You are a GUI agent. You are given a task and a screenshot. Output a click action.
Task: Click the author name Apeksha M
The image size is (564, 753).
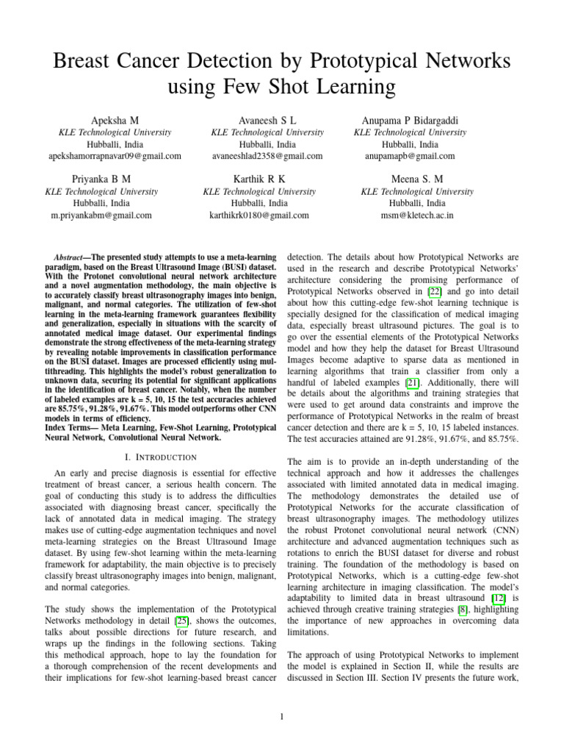coord(115,119)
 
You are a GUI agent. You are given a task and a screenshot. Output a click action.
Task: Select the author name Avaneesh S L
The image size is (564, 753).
coord(267,119)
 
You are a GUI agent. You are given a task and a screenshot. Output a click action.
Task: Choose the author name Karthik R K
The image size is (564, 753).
coord(259,179)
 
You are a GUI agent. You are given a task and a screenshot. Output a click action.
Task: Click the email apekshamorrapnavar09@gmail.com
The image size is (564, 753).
coord(115,156)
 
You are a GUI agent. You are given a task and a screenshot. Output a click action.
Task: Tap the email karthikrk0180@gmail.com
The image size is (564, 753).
coord(259,215)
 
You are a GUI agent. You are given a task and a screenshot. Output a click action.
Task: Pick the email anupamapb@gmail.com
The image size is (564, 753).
coord(410,156)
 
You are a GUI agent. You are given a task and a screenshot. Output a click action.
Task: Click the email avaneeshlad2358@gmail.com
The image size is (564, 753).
coord(267,156)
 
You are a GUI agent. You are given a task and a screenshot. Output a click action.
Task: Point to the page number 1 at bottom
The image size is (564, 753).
coord(282,718)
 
